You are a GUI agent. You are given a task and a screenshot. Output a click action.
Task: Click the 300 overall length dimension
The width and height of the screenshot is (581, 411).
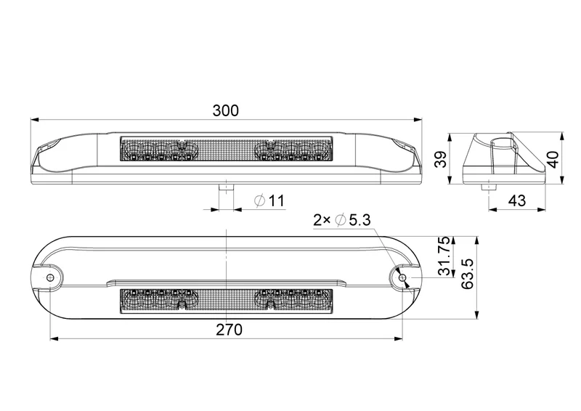225,110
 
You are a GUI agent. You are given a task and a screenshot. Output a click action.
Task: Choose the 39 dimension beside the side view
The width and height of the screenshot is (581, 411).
439,160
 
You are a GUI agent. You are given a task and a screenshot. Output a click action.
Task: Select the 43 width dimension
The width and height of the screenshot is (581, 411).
516,200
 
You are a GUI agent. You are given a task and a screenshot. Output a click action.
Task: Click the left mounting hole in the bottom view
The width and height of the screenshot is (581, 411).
49,277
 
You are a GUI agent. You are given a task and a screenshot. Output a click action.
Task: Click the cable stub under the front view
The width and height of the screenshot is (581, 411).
227,187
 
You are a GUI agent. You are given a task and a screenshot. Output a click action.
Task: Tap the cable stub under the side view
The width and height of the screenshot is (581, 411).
488,187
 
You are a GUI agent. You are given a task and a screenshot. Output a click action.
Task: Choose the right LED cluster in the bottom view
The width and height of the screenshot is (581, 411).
290,298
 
